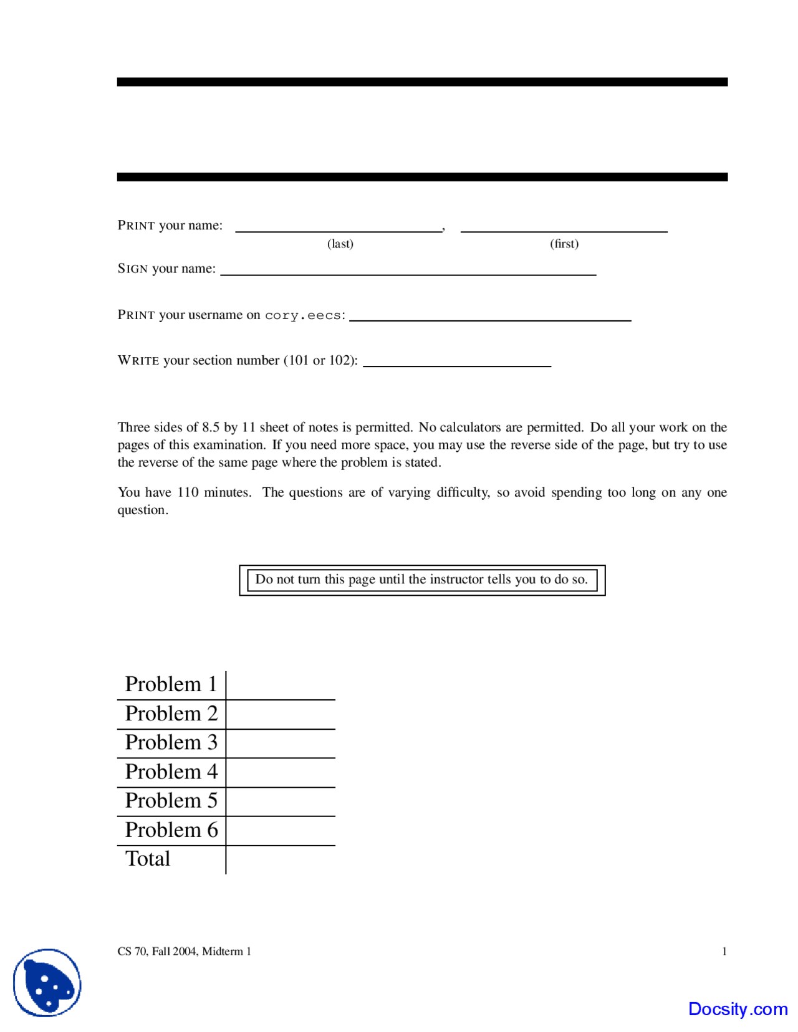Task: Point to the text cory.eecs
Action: pyautogui.click(x=303, y=315)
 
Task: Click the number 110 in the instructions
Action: pyautogui.click(x=188, y=492)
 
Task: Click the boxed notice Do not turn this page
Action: pyautogui.click(x=422, y=580)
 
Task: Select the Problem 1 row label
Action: pyautogui.click(x=171, y=684)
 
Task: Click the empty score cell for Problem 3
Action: pyautogui.click(x=281, y=743)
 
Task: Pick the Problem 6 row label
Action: pyautogui.click(x=171, y=830)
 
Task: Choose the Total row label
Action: pyautogui.click(x=148, y=859)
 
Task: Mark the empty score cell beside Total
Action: pyautogui.click(x=281, y=860)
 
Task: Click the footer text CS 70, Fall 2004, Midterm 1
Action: pyautogui.click(x=185, y=951)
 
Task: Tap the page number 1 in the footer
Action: pyautogui.click(x=724, y=951)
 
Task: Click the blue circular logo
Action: pyautogui.click(x=47, y=982)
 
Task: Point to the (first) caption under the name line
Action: pyautogui.click(x=564, y=244)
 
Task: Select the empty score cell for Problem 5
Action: pyautogui.click(x=281, y=801)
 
